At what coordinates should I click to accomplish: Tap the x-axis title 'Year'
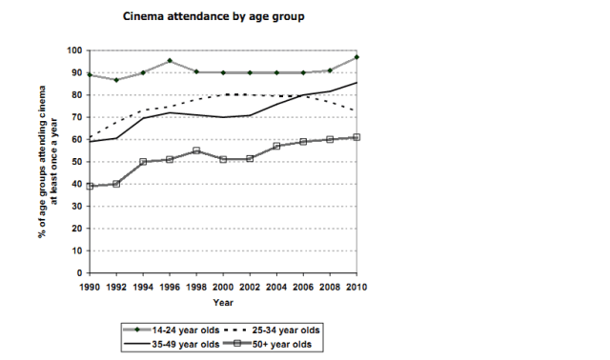pyautogui.click(x=222, y=303)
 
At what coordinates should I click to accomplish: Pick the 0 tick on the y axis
pyautogui.click(x=79, y=273)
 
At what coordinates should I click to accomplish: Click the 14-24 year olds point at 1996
pyautogui.click(x=169, y=61)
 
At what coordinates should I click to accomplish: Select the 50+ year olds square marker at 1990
pyautogui.click(x=89, y=187)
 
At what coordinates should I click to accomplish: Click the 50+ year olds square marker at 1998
pyautogui.click(x=195, y=150)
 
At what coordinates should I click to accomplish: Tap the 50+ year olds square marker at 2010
pyautogui.click(x=356, y=137)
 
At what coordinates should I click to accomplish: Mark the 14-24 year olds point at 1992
pyautogui.click(x=115, y=80)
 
